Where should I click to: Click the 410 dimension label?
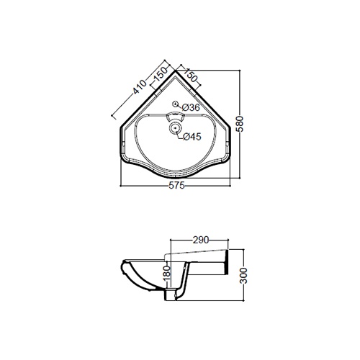point(140,86)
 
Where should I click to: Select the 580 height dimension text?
point(240,124)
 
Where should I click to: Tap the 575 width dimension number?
point(176,186)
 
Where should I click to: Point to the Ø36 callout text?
point(191,107)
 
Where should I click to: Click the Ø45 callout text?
point(192,137)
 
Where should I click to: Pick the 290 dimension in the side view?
point(201,240)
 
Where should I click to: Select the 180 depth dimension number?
point(167,274)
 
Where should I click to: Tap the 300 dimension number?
point(244,276)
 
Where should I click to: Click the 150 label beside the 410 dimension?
point(161,74)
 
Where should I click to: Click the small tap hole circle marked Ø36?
point(176,104)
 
